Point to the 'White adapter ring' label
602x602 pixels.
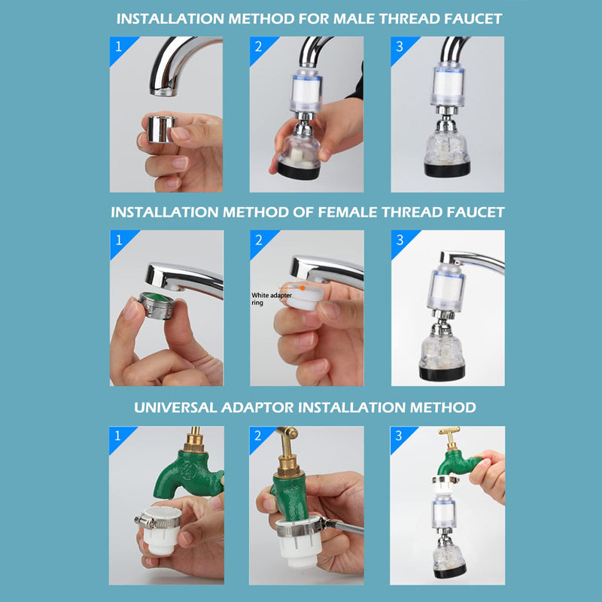point(271,298)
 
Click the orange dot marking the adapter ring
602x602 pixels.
point(302,287)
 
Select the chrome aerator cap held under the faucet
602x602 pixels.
point(157,129)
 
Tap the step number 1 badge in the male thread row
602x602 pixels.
point(118,46)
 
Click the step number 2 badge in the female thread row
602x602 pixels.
point(259,240)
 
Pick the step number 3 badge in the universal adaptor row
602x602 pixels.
point(400,436)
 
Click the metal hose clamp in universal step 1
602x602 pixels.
point(154,518)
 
